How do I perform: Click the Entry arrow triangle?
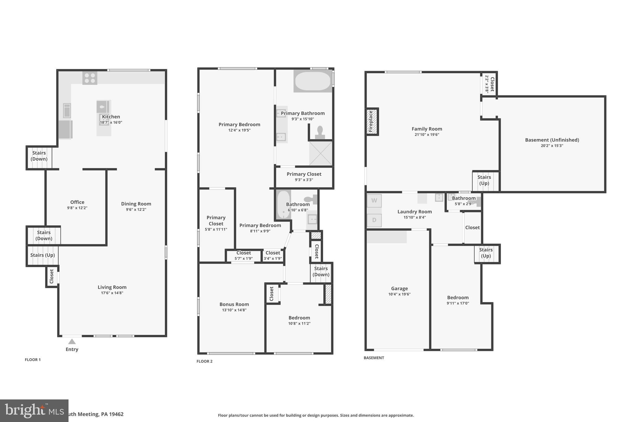click(x=72, y=342)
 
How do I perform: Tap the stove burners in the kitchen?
click(x=90, y=78)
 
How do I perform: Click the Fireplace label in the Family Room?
click(x=371, y=121)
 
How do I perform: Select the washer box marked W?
click(x=374, y=201)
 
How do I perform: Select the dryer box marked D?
click(x=374, y=220)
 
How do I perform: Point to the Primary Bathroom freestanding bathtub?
click(x=313, y=81)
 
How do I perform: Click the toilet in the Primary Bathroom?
click(x=320, y=132)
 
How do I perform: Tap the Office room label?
click(x=77, y=202)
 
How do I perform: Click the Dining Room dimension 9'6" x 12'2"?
click(x=136, y=210)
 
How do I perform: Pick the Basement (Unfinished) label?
click(x=552, y=140)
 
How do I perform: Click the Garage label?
click(x=399, y=288)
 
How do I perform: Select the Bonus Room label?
click(x=234, y=304)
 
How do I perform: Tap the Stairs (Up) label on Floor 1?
click(x=43, y=255)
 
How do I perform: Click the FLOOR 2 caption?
click(x=205, y=361)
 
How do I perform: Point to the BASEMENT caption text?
click(x=374, y=358)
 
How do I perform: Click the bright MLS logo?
click(x=34, y=411)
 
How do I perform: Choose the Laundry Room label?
click(x=414, y=212)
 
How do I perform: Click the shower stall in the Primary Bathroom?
click(x=321, y=153)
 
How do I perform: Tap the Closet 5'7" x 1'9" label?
click(x=243, y=253)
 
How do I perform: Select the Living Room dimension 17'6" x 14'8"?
click(x=112, y=293)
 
